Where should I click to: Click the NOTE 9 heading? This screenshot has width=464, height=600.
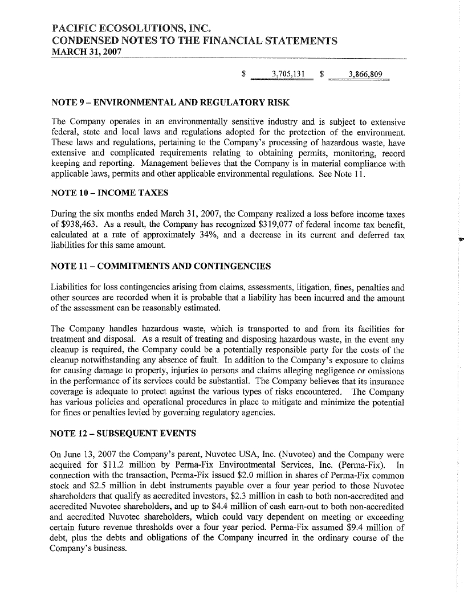pos(170,103)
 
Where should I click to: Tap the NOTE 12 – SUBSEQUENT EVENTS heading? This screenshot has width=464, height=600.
pos(124,434)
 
